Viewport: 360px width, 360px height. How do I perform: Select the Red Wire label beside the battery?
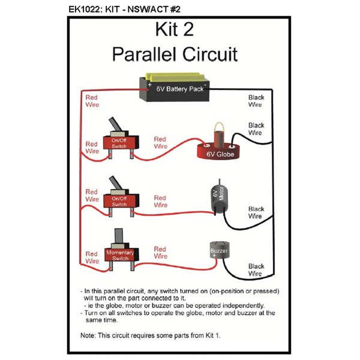(x=92, y=100)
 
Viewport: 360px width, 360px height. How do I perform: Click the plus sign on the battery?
(x=149, y=85)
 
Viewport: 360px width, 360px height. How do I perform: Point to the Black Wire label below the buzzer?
(x=256, y=270)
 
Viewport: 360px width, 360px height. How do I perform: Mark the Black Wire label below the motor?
(x=256, y=212)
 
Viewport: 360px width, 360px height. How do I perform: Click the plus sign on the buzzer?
(x=213, y=255)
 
